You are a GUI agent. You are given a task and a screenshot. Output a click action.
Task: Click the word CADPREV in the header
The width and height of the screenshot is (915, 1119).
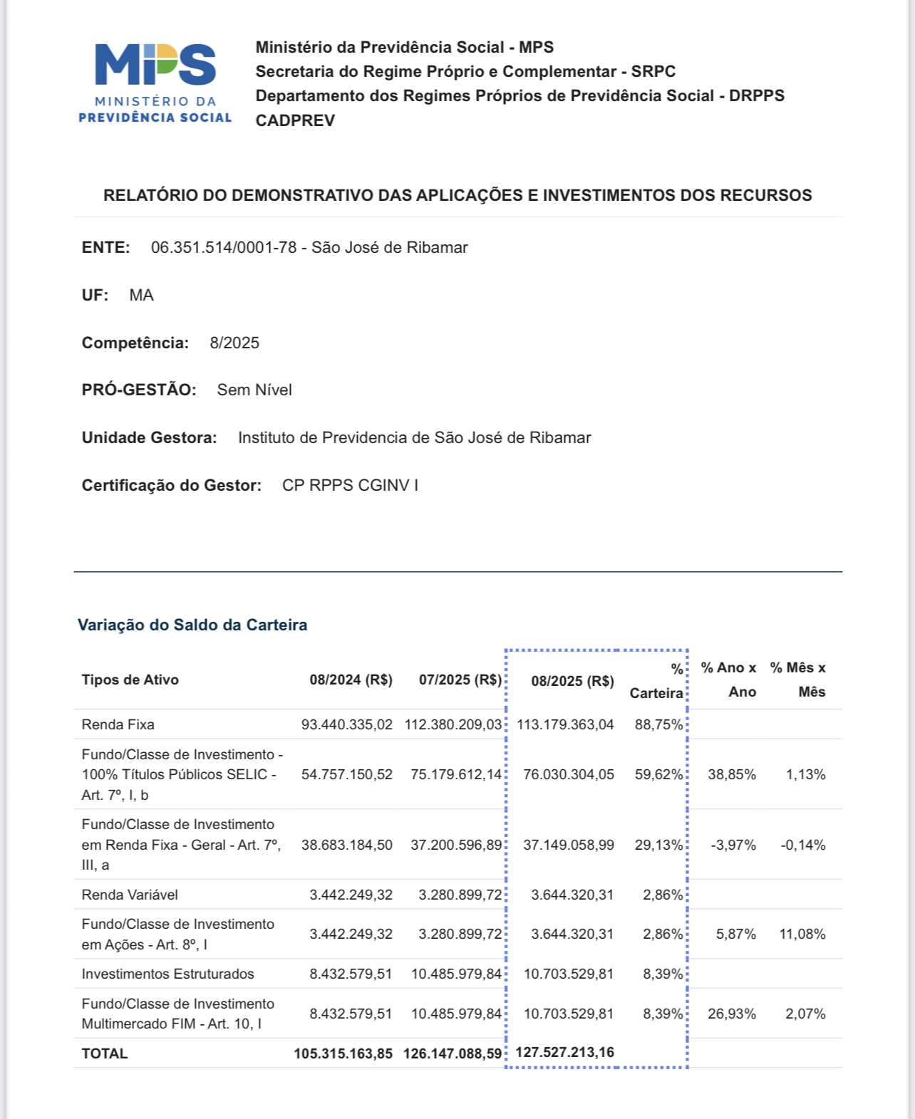coord(295,120)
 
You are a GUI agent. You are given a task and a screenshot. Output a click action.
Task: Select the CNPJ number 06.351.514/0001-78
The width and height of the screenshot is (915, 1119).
coord(224,248)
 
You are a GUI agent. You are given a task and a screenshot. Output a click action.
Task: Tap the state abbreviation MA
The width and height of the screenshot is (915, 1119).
coord(141,296)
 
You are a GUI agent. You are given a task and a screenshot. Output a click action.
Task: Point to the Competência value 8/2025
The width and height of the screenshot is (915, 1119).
coord(234,343)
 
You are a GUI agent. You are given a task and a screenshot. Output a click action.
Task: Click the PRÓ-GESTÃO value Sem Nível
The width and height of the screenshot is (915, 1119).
coord(254,390)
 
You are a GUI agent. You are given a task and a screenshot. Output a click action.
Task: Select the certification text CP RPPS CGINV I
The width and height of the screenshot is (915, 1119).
coord(350,486)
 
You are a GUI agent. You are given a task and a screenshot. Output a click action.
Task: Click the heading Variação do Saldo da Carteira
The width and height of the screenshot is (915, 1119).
coord(192,625)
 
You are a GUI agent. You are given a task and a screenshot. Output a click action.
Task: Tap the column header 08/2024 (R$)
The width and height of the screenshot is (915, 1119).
coord(351,680)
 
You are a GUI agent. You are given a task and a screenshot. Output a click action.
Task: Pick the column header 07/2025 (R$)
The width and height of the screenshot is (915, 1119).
coord(460,680)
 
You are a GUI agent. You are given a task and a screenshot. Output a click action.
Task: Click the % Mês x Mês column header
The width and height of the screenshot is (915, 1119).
coord(798,680)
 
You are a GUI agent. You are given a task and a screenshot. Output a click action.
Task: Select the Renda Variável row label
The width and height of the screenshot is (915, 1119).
coord(130,895)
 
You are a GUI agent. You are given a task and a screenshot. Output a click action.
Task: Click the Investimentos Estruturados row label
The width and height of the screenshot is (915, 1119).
coord(167,974)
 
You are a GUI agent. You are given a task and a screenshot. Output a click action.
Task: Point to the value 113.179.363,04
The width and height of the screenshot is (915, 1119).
coord(565,725)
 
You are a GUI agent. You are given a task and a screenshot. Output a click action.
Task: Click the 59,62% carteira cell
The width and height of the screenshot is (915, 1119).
coord(658,775)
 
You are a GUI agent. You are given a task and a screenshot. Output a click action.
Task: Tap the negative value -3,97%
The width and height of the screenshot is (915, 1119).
coord(733,845)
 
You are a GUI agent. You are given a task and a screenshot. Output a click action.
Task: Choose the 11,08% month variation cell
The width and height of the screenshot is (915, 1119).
coord(802,935)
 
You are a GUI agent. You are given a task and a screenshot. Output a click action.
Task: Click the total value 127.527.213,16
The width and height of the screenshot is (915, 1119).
coord(564,1053)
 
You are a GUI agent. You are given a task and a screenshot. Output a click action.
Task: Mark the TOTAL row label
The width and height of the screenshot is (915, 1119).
coord(105,1054)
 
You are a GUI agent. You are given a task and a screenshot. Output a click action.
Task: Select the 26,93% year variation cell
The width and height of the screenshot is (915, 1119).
coord(732,1014)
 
